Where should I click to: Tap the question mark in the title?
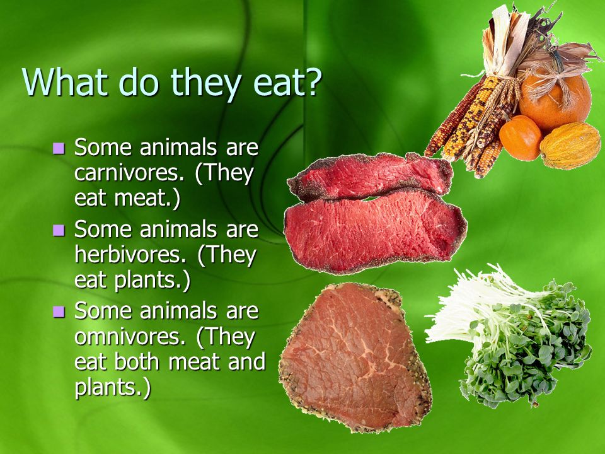click(x=312, y=81)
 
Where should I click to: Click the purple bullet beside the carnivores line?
click(x=59, y=148)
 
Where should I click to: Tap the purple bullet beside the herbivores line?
click(x=59, y=230)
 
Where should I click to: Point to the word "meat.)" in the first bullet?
click(x=147, y=199)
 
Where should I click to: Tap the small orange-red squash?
click(x=521, y=138)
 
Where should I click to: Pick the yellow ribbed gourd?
click(x=570, y=146)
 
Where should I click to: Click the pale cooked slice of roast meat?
click(x=355, y=357)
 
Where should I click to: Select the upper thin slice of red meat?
click(x=371, y=177)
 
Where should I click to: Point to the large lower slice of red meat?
click(x=375, y=231)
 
